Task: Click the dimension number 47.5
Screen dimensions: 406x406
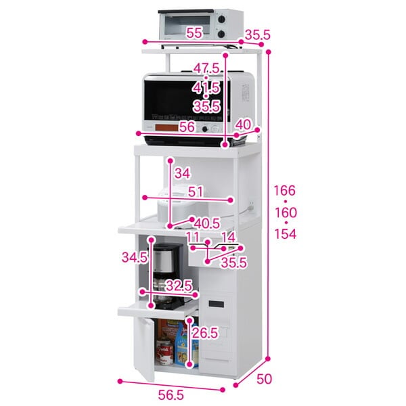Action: tap(206, 69)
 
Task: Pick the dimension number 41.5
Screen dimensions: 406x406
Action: tap(206, 88)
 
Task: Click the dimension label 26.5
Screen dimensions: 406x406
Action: tap(204, 333)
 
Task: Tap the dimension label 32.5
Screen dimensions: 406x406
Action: tap(178, 286)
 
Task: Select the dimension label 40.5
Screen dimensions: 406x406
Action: tap(206, 223)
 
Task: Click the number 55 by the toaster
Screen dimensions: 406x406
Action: tap(194, 32)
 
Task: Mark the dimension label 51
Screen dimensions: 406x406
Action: tap(197, 191)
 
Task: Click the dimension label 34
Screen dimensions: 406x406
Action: tap(181, 174)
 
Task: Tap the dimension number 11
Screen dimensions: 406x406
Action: tap(193, 238)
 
